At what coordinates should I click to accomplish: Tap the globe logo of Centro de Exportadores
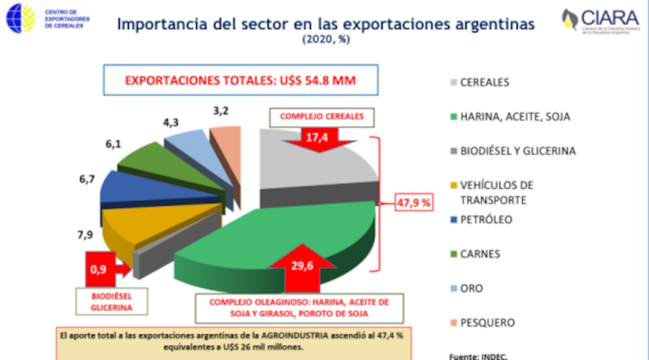pos(19,19)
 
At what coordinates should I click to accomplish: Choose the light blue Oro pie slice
pos(188,139)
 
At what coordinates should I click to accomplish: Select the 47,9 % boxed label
pos(413,202)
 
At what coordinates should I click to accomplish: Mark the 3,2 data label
pos(221,111)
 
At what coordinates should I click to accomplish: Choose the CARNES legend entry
pos(480,254)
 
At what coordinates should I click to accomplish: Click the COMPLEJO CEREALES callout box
pos(317,117)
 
